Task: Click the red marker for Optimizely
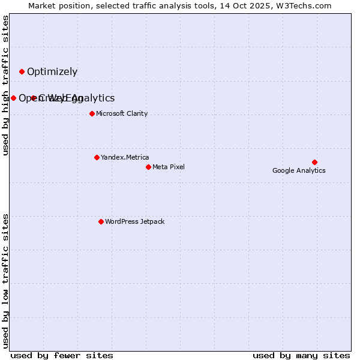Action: tap(22, 71)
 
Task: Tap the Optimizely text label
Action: tap(52, 72)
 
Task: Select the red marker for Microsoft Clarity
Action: tap(92, 113)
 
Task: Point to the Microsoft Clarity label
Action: tap(122, 113)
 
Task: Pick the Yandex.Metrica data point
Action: tap(97, 157)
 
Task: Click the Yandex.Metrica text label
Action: tap(125, 157)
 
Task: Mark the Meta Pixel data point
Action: tap(148, 167)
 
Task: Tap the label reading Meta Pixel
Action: tap(169, 167)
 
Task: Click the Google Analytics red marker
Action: tap(314, 162)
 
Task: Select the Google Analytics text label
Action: tap(299, 170)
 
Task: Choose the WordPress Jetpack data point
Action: tap(101, 221)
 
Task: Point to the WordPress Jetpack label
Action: tap(134, 221)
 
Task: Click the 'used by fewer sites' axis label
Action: tap(62, 355)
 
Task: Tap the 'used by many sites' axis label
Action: tap(301, 355)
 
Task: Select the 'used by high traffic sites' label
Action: tap(5, 85)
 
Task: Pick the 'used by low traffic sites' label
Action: tap(5, 280)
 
